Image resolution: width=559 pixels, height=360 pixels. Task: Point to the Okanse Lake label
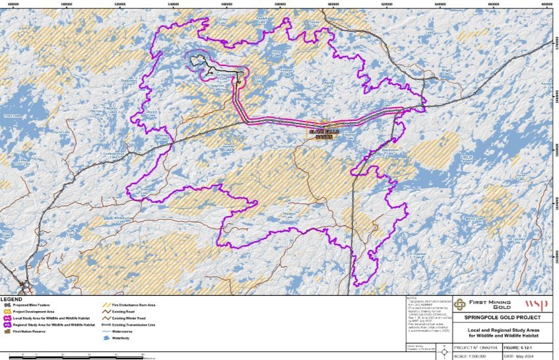(x=151, y=113)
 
